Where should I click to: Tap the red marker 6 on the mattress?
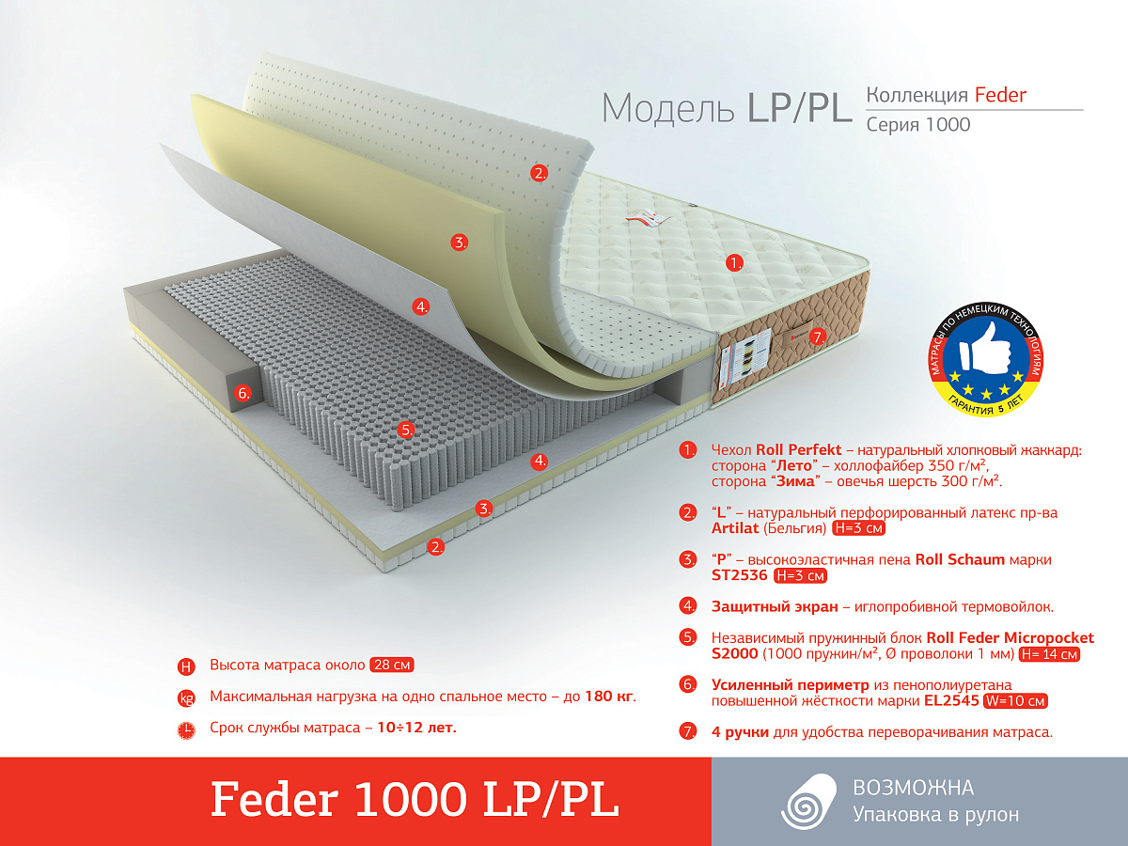click(243, 394)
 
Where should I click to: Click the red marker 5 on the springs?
click(406, 430)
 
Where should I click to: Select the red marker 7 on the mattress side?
click(817, 337)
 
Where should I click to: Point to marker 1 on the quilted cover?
click(734, 263)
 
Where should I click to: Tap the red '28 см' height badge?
click(392, 665)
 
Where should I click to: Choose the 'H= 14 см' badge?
click(1049, 654)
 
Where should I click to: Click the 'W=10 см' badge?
click(1015, 700)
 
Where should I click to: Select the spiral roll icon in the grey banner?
click(807, 801)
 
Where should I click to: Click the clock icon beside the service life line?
click(186, 730)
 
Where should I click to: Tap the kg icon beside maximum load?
click(186, 698)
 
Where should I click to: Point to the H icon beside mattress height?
click(186, 666)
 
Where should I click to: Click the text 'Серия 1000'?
click(917, 124)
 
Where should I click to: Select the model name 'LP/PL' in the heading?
click(798, 108)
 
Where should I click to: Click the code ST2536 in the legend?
click(739, 574)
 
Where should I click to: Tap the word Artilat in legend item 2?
click(735, 528)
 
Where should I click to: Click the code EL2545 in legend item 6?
click(951, 700)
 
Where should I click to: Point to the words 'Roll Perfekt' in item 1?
click(799, 450)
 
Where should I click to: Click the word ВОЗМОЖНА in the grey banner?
click(913, 788)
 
